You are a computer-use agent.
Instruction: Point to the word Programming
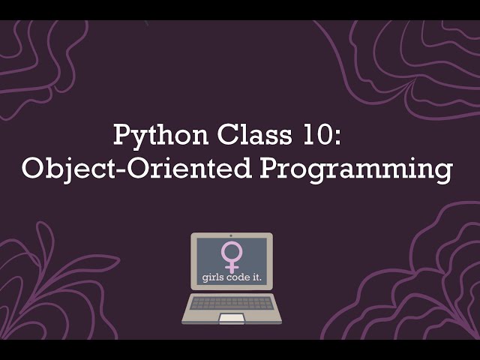pos(355,170)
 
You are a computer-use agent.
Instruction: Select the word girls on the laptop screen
pos(214,278)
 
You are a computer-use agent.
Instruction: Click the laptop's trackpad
pos(232,318)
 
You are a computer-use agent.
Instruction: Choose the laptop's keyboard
pos(232,302)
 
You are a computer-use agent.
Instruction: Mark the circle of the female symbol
pos(231,250)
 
